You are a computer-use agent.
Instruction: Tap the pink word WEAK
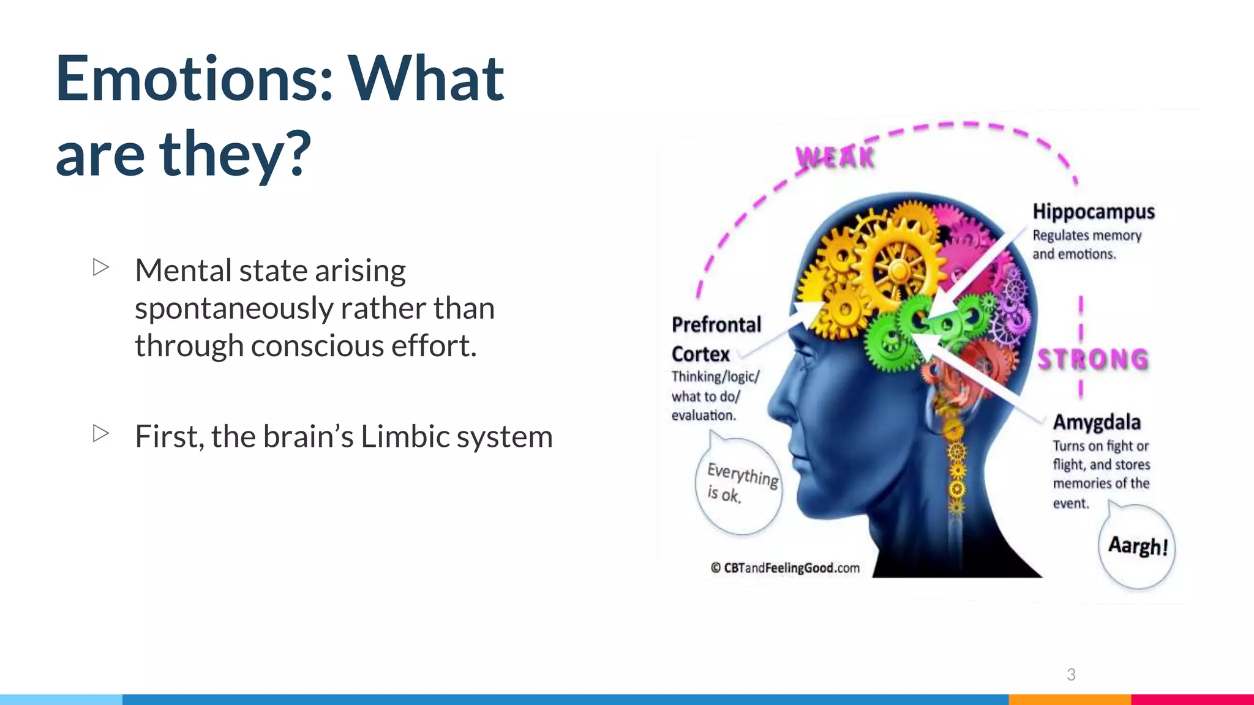click(835, 158)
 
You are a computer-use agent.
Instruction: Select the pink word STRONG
click(1093, 359)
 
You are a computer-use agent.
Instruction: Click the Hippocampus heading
click(1094, 212)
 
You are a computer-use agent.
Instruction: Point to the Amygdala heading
click(1097, 422)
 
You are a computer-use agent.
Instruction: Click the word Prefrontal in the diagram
click(716, 324)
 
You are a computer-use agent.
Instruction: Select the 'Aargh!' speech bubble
click(1138, 546)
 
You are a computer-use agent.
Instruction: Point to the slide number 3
click(1071, 674)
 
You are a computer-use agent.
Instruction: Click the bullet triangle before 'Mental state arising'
click(101, 267)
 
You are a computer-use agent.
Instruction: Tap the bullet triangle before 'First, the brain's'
click(101, 433)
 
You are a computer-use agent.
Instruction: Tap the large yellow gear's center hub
click(899, 269)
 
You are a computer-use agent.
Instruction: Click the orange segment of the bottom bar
click(1070, 699)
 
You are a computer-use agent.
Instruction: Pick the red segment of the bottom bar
click(1192, 699)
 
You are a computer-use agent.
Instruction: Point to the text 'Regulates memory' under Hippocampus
click(1087, 236)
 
